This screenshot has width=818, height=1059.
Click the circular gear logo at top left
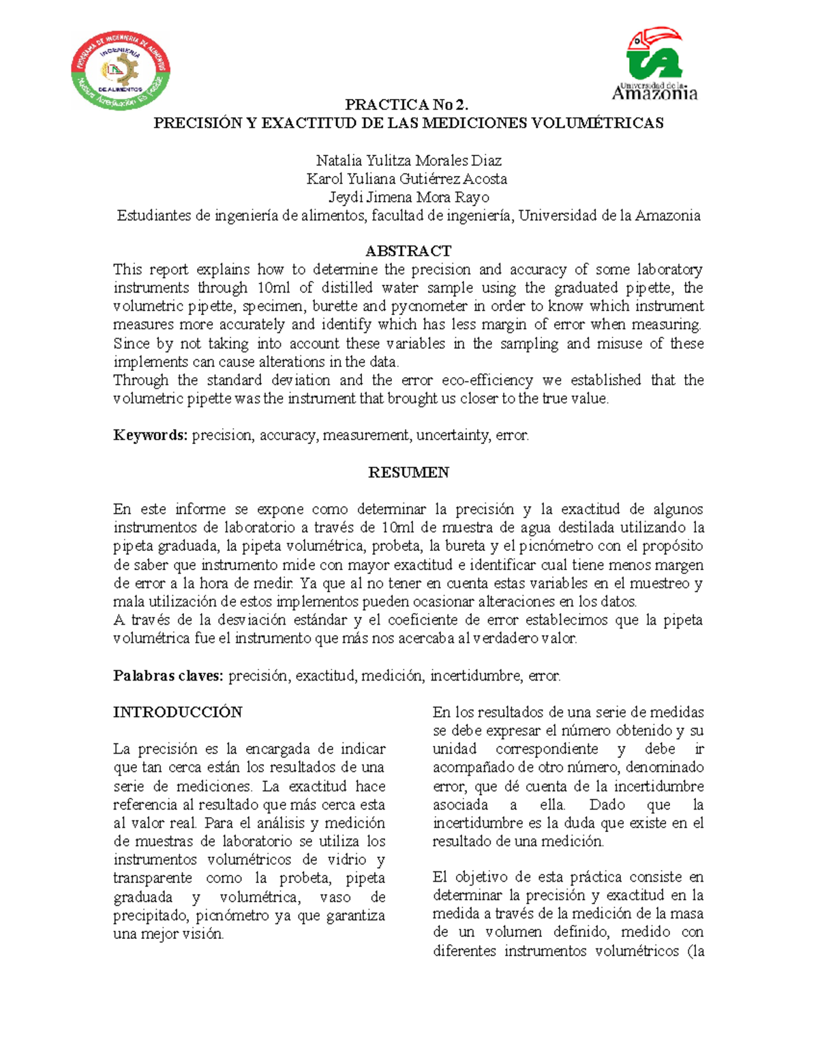[x=121, y=70]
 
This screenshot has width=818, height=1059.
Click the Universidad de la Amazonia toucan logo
[x=654, y=65]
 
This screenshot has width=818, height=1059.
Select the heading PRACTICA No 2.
[x=408, y=105]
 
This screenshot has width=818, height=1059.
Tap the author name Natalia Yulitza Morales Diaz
[x=408, y=161]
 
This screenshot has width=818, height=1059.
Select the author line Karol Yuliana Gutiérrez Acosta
[x=407, y=179]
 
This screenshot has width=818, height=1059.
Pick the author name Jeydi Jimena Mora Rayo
[x=408, y=198]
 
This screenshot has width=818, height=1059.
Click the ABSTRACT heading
[x=408, y=251]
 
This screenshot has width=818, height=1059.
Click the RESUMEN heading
[x=408, y=473]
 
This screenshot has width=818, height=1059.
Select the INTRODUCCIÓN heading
[x=177, y=713]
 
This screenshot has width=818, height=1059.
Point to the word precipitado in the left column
[x=152, y=916]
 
